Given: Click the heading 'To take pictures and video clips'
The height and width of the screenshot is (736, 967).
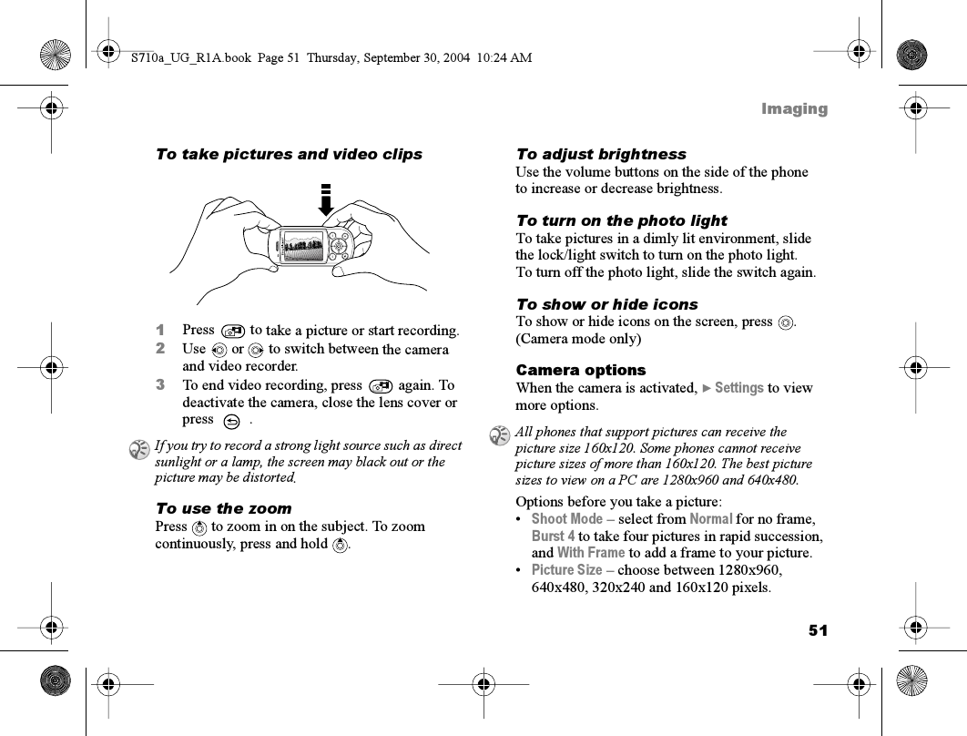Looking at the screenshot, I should coord(289,154).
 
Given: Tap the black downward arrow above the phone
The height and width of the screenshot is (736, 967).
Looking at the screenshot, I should coord(325,201).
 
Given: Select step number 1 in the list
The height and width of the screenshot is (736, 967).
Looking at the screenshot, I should coord(160,330).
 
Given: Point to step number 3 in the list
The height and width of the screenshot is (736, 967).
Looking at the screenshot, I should coord(160,385).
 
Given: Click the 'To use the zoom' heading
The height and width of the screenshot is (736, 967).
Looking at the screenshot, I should coord(223,508).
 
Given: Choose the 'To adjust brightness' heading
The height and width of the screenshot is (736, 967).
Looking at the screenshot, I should coord(600,154).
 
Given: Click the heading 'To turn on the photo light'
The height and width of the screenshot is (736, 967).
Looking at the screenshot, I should coord(621,220).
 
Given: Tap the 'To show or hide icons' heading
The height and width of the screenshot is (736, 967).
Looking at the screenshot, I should coord(606,304).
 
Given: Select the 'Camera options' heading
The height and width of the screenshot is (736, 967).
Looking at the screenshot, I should coord(580,370).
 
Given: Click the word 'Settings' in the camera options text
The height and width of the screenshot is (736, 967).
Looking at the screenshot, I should coord(738,388).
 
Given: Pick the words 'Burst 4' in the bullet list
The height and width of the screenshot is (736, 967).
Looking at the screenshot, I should coord(553,537).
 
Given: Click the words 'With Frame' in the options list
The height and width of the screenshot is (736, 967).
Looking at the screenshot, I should coord(591,553).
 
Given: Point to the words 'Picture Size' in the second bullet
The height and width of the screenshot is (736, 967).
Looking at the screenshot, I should coord(566,570).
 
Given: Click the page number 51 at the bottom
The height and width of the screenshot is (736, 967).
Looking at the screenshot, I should coord(817,630).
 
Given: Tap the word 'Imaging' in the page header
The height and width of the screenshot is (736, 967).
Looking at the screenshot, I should coord(794,109).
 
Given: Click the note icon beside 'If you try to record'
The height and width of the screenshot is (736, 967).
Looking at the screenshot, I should coord(139,447).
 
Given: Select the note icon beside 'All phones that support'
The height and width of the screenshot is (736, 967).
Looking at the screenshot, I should coord(499,434).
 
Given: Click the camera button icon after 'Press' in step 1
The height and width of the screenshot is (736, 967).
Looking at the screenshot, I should coord(232,331).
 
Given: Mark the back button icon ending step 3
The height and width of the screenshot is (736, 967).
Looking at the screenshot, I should coord(231,421).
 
